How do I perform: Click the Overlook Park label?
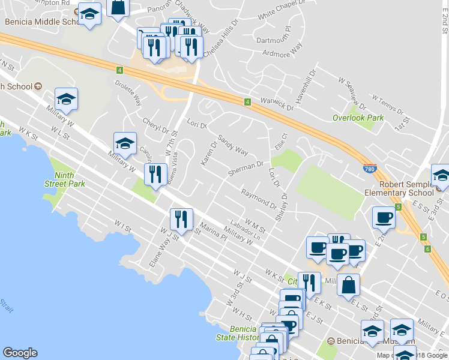[358, 118]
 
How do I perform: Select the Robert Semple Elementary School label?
[400, 188]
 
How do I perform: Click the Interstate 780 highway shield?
[370, 169]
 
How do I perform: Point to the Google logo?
[20, 353]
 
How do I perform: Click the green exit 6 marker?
[427, 248]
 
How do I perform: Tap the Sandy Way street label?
[232, 144]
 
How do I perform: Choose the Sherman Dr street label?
[246, 169]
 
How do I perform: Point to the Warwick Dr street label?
[277, 104]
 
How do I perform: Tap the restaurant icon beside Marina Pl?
[181, 220]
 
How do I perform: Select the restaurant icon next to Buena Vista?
[155, 174]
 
